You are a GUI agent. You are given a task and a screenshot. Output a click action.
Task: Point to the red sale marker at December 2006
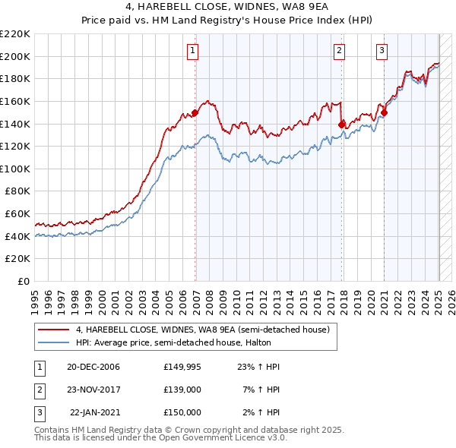(x=195, y=112)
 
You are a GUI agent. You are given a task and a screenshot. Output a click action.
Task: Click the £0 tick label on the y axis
(x=24, y=282)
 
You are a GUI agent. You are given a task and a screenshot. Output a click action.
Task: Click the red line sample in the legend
(x=52, y=330)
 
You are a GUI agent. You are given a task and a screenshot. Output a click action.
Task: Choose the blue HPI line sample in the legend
(x=52, y=343)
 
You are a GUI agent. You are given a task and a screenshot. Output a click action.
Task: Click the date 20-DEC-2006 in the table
(x=93, y=367)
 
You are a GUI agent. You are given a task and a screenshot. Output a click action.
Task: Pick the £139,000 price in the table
(x=182, y=390)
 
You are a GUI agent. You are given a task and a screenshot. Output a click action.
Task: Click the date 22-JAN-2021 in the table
(x=94, y=412)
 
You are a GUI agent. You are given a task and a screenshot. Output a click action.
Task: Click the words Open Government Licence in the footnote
(x=221, y=438)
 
